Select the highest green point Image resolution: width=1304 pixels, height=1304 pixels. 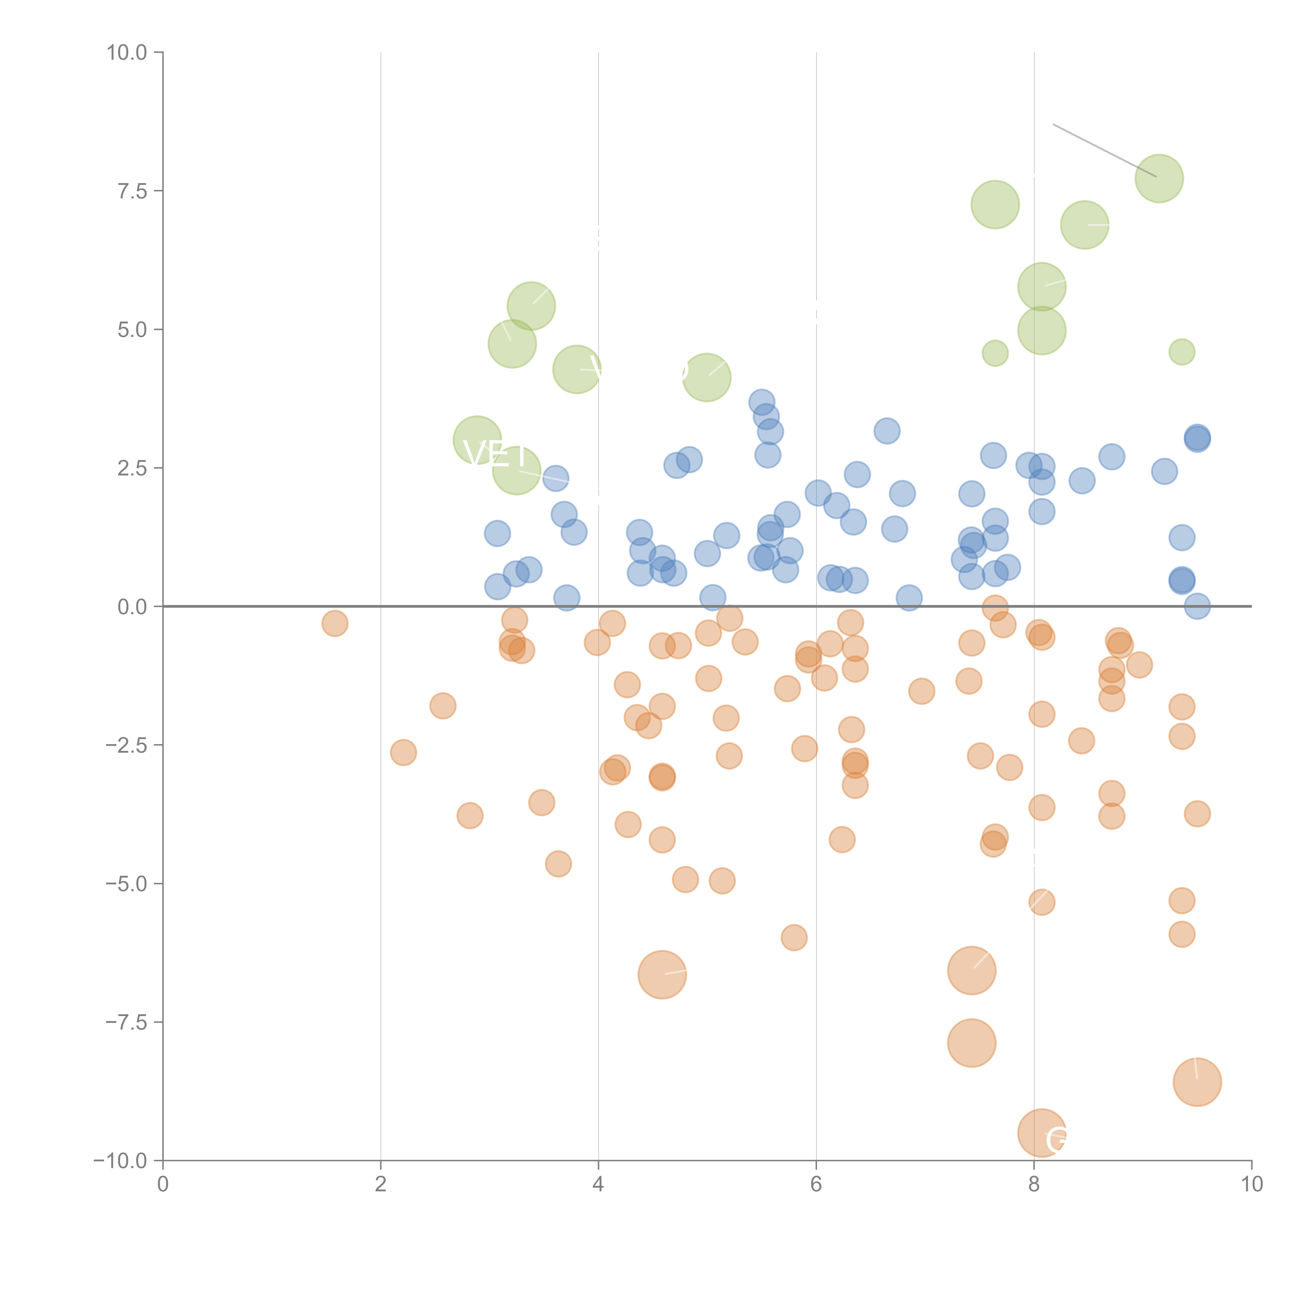(1159, 178)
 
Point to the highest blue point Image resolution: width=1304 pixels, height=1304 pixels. (761, 402)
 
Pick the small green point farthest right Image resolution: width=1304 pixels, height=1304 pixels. (1181, 352)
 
